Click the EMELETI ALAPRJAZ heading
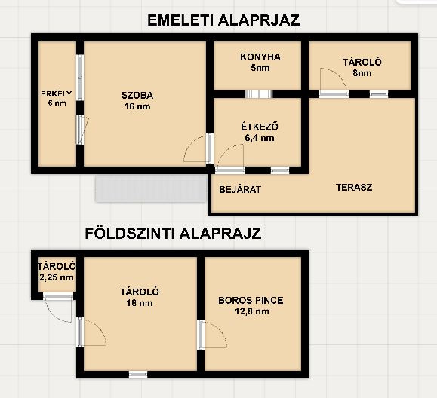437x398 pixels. [223, 20]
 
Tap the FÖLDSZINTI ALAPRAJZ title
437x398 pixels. [173, 233]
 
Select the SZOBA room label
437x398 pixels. [137, 96]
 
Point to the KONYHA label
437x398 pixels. [260, 57]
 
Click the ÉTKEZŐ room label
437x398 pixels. [260, 127]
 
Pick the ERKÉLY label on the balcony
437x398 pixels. [57, 94]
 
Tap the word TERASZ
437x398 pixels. [354, 187]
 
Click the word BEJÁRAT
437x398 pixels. [240, 190]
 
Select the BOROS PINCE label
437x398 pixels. [251, 300]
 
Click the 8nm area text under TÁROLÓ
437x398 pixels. [362, 73]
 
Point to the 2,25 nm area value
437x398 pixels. [57, 277]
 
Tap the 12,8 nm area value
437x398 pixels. [252, 311]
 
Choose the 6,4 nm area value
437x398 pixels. [260, 138]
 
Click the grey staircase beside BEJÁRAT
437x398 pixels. [151, 188]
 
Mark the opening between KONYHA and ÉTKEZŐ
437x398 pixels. [259, 94]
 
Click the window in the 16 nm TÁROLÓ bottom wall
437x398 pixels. [138, 375]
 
